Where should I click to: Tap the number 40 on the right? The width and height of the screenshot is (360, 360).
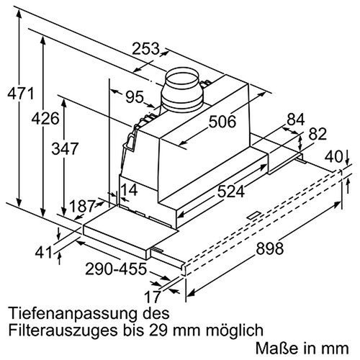pos(333,156)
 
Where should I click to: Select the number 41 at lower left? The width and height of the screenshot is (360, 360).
pos(43,253)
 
